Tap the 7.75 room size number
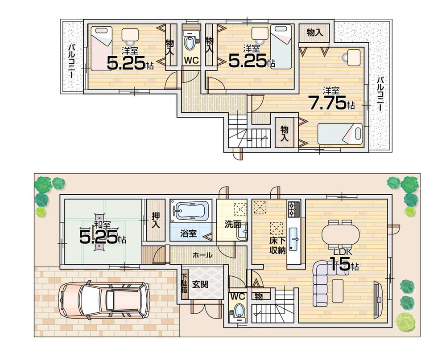328,103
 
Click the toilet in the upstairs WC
191,44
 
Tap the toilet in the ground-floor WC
239,310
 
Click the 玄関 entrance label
200,284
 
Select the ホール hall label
202,255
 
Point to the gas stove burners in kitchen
294,209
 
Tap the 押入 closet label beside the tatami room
155,221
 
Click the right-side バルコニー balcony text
380,94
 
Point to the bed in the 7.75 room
340,134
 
